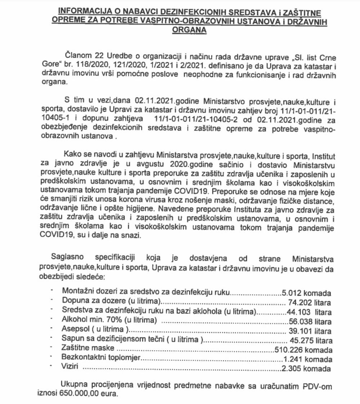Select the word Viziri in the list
(x=70, y=368)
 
